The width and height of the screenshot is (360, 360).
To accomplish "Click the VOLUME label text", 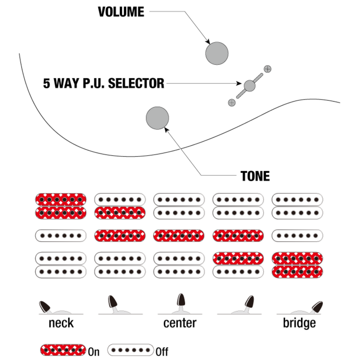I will [121, 12].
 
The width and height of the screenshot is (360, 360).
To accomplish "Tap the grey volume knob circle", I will [217, 53].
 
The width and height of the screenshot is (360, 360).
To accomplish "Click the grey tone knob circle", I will [157, 118].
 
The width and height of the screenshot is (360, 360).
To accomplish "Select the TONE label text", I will [255, 176].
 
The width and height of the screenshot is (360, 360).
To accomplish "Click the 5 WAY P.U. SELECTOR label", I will [104, 84].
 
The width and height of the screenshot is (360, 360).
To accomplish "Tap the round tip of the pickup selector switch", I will [250, 85].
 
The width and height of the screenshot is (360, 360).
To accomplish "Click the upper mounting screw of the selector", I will [268, 68].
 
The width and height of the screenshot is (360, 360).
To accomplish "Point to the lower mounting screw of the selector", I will [231, 102].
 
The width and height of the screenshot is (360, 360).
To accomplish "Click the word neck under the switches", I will [61, 323].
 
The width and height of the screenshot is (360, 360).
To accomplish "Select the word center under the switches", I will [180, 323].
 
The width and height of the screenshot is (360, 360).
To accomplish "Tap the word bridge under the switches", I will [299, 323].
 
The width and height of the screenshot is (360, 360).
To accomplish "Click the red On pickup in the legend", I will [63, 350].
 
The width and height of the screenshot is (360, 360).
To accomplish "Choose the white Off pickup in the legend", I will [131, 350].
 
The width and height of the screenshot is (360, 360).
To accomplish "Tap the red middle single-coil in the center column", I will [179, 235].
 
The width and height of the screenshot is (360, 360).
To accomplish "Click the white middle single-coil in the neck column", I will [61, 235].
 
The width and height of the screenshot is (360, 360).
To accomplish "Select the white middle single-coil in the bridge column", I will [297, 235].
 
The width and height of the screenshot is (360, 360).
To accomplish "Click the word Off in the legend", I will [162, 352].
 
